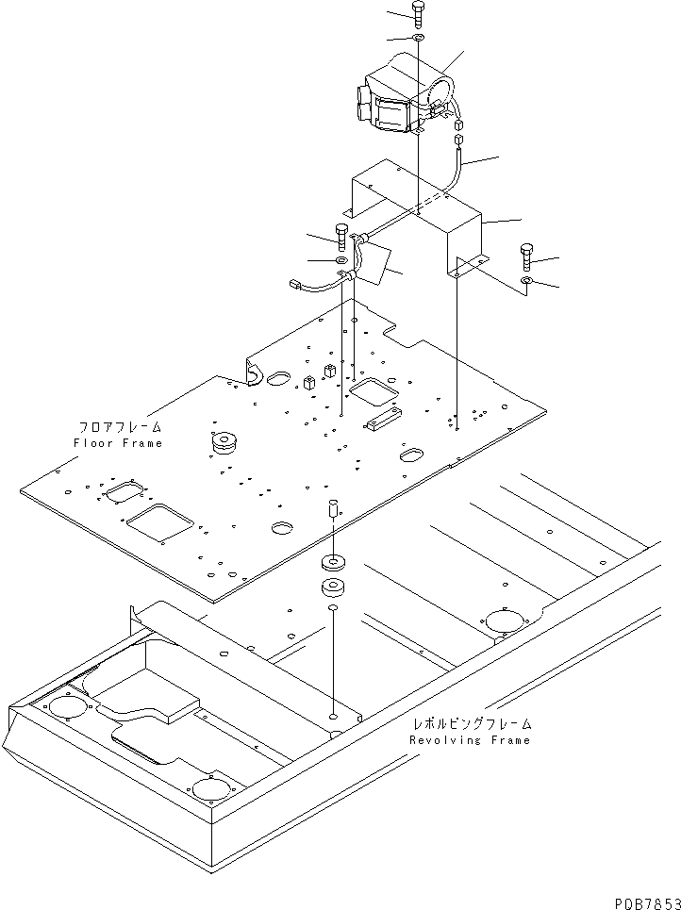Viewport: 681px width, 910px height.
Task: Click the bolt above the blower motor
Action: pyautogui.click(x=418, y=13)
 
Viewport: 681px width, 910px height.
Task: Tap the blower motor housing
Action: pyautogui.click(x=402, y=94)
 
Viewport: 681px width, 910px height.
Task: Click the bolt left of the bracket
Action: pyautogui.click(x=340, y=232)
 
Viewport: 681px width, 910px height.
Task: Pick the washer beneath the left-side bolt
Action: pyautogui.click(x=340, y=259)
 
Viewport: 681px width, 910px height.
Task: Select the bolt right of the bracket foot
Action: pyautogui.click(x=526, y=255)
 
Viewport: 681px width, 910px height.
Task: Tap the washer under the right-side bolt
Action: pyautogui.click(x=527, y=281)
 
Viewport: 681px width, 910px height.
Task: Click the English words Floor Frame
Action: pyautogui.click(x=118, y=442)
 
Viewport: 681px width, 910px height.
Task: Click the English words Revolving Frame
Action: pyautogui.click(x=470, y=740)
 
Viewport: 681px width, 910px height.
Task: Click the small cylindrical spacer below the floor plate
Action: pyautogui.click(x=332, y=510)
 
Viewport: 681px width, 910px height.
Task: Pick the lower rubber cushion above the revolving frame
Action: pyautogui.click(x=332, y=589)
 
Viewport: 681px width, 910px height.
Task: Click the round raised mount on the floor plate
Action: pyautogui.click(x=224, y=440)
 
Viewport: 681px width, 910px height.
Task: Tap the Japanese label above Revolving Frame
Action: pyautogui.click(x=472, y=724)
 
